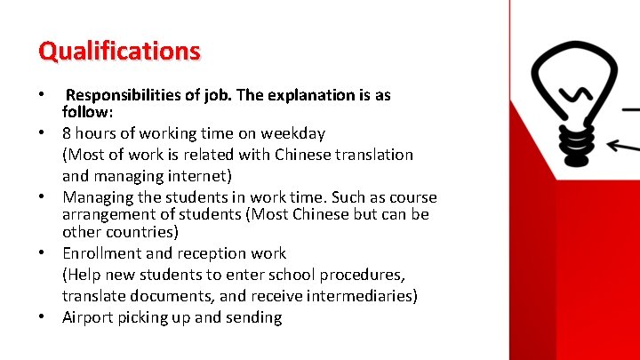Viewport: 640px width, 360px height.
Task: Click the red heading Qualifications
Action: pos(119,52)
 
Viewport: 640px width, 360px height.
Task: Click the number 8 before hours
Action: pos(67,133)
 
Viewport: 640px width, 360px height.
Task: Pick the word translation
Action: pos(373,155)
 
